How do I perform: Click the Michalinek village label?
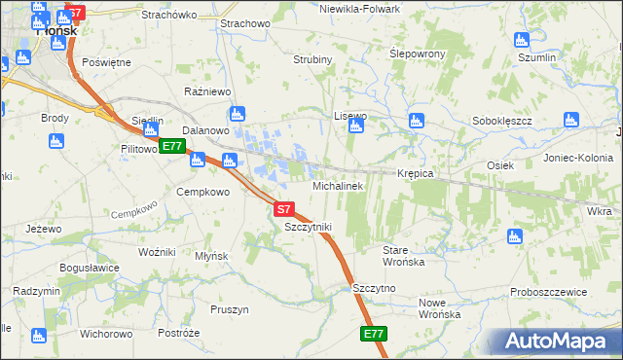pos(338,185)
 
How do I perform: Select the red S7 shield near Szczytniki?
pos(283,209)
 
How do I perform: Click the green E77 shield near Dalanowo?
pos(172,147)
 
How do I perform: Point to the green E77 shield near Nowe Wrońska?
pos(375,334)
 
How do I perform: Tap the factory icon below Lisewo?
pos(357,126)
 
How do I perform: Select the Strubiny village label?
pos(313,59)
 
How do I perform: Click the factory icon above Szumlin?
pos(521,41)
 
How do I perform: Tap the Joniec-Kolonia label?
pos(578,158)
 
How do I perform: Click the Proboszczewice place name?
pos(548,292)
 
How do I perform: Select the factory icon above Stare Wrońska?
pos(515,236)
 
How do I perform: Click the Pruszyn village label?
pos(230,309)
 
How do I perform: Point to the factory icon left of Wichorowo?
pos(38,336)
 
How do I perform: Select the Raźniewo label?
pos(207,91)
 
